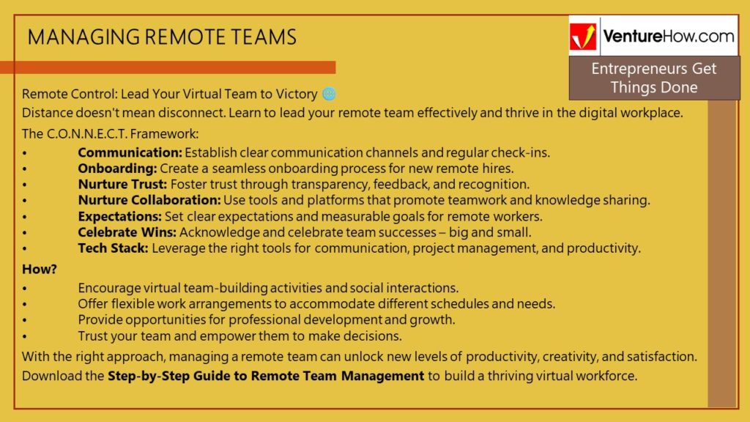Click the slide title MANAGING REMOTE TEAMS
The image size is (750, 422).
click(x=162, y=37)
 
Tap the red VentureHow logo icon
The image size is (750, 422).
click(x=583, y=37)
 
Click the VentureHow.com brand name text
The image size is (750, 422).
click(x=668, y=36)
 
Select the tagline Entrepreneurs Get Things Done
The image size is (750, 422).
click(x=654, y=78)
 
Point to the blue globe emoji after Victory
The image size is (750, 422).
click(x=329, y=94)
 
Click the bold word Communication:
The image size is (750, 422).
click(x=130, y=152)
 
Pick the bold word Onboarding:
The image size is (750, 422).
click(x=118, y=169)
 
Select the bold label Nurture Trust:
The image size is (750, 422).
click(x=122, y=184)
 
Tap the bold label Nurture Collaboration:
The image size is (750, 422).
click(x=149, y=200)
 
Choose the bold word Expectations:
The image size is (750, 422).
click(x=119, y=216)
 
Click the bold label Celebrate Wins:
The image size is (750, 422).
click(x=127, y=232)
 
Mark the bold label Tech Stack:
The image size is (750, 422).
click(x=114, y=248)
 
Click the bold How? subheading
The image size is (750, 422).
click(x=40, y=269)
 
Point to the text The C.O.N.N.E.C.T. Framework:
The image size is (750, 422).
click(x=110, y=133)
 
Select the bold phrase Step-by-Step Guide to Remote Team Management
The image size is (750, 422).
click(x=266, y=376)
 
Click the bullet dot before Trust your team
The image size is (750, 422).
click(x=24, y=336)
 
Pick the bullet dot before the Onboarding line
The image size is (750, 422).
click(x=24, y=169)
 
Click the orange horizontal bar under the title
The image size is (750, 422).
click(x=168, y=67)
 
